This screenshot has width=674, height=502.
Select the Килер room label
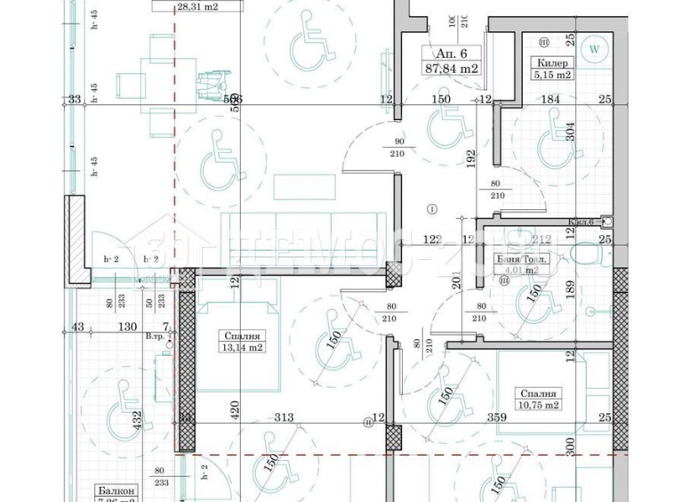(551, 63)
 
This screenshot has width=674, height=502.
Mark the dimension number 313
(284, 417)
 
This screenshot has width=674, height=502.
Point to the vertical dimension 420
(235, 410)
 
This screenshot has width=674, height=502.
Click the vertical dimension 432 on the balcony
(136, 418)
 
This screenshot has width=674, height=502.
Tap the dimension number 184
(551, 100)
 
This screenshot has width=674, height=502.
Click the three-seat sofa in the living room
(302, 238)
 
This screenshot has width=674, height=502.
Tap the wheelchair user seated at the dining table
(211, 86)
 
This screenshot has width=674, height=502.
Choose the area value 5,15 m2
(551, 77)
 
